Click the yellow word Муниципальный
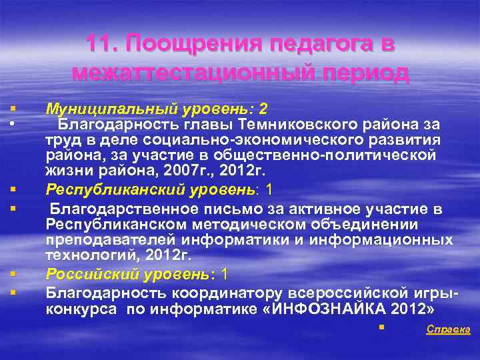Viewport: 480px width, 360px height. click(105, 109)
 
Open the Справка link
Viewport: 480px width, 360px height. click(448, 329)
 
